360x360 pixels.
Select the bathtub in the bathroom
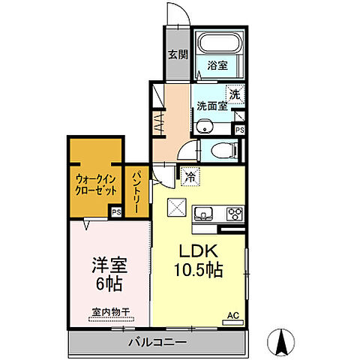tap(218, 43)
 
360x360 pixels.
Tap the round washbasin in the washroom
tap(204, 125)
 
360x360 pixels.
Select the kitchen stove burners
tap(234, 214)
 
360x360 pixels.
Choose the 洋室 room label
tap(109, 266)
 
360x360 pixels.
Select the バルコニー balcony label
tap(156, 344)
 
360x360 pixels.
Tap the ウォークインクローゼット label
tap(94, 185)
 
